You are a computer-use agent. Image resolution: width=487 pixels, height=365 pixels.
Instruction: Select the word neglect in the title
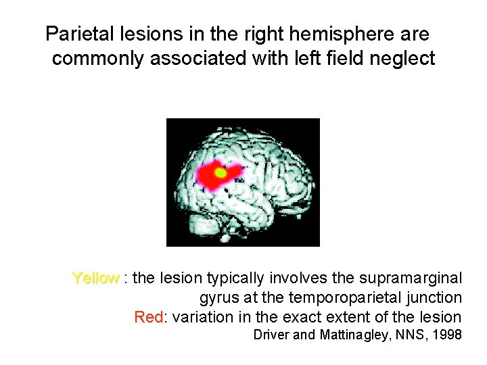coord(403,59)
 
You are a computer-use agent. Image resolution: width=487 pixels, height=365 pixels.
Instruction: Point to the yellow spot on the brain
coord(220,172)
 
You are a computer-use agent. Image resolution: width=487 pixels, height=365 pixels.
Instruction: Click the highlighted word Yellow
coord(95,278)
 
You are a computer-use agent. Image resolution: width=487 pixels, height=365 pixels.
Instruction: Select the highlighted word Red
coord(148,317)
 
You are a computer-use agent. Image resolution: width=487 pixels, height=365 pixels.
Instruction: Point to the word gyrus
coord(218,297)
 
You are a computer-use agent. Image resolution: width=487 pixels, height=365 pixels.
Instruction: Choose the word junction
coord(437,297)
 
